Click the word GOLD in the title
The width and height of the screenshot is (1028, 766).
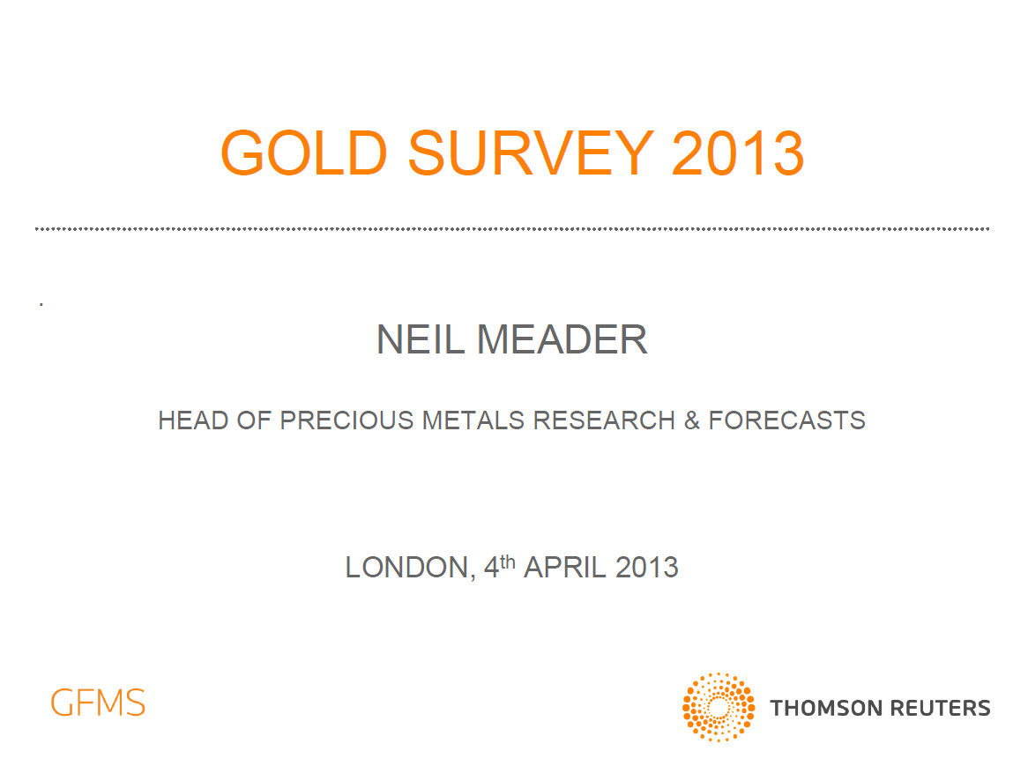click(x=304, y=152)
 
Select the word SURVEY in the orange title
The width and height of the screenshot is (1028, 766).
click(x=531, y=152)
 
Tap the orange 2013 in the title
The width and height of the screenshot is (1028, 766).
click(x=738, y=152)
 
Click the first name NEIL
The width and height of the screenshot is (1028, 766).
click(x=421, y=339)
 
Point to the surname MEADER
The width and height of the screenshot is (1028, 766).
click(x=562, y=339)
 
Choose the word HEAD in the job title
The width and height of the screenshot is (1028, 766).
click(x=193, y=420)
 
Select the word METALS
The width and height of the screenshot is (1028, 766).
click(x=473, y=420)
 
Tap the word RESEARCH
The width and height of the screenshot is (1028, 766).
click(x=604, y=420)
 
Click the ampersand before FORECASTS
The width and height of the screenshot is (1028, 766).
click(x=692, y=420)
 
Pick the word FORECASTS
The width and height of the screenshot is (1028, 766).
click(x=786, y=420)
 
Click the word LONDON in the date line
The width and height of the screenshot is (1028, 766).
click(x=408, y=568)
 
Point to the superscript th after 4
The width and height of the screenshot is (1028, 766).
click(x=508, y=561)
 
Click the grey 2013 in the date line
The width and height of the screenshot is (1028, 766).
click(x=646, y=568)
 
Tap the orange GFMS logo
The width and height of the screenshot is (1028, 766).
click(x=98, y=703)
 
